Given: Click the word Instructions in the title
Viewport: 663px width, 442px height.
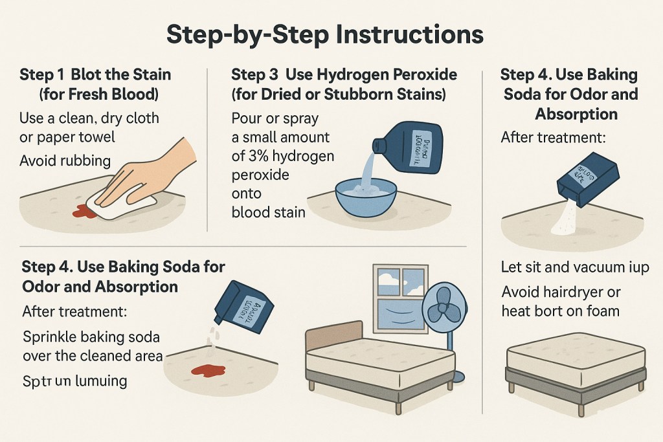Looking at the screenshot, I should tap(405, 34).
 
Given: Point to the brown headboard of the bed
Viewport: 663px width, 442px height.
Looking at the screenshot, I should tap(333, 337).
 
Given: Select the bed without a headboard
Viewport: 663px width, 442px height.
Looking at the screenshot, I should tap(576, 369).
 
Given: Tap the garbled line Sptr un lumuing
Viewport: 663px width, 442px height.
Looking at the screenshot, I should tap(74, 381).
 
